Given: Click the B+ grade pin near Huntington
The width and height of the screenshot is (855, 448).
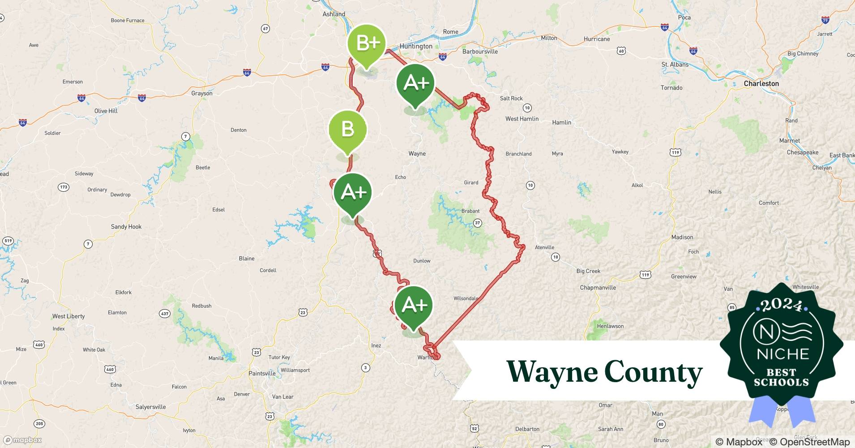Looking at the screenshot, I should point(367,43).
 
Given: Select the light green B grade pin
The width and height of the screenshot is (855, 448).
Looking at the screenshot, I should point(348,129).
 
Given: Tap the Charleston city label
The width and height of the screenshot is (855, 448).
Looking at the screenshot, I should point(761,84).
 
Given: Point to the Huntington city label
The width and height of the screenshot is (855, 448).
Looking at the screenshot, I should point(416,47).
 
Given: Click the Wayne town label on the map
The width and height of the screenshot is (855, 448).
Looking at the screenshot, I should point(417,154).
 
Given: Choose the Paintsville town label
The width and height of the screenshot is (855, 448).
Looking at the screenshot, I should point(262,374).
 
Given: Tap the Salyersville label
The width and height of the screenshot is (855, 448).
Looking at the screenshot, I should point(150,407).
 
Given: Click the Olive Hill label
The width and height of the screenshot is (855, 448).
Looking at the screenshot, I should point(106,111).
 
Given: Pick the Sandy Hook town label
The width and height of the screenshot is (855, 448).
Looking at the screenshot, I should point(126,227).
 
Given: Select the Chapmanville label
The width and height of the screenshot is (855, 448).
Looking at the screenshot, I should point(598,288).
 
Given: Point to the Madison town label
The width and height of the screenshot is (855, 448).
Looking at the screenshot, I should point(682,237).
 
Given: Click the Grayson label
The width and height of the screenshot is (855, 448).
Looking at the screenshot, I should point(202,94).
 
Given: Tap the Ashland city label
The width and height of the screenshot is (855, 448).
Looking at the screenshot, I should point(333,14).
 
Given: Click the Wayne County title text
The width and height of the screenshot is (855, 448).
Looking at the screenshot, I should point(604,372).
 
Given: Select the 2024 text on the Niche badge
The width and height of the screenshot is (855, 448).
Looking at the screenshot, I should point(781,305).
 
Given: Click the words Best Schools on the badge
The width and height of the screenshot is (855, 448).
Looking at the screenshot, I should point(781,377).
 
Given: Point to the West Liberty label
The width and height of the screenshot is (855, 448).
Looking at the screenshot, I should point(68,316).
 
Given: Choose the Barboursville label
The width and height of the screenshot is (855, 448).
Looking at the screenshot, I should point(480,52).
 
